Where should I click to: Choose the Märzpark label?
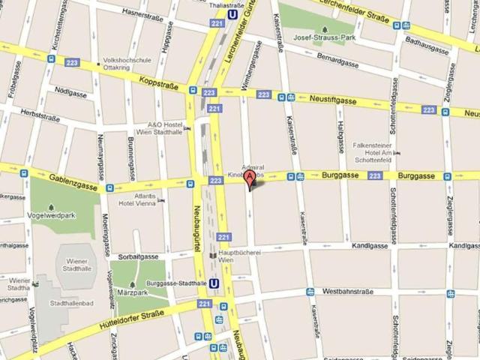coord(138,291)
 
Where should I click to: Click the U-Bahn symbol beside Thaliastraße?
coord(234,13)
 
